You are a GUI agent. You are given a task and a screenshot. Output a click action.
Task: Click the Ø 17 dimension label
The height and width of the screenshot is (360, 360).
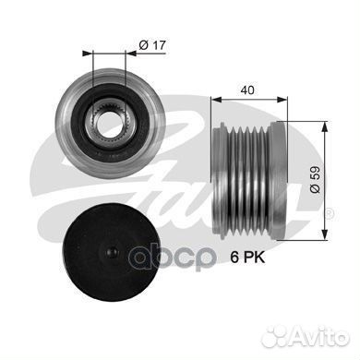(x=152, y=45)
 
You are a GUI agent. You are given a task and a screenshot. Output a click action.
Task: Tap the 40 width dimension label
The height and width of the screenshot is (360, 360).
(x=247, y=90)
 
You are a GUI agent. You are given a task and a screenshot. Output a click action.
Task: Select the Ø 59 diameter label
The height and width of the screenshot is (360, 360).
(x=315, y=180)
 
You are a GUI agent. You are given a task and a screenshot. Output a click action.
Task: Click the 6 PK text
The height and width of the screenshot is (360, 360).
(x=247, y=258)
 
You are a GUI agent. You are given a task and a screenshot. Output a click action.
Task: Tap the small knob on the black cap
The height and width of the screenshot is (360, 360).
(x=112, y=252)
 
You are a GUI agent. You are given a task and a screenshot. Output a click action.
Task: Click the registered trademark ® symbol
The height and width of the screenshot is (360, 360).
(x=329, y=213)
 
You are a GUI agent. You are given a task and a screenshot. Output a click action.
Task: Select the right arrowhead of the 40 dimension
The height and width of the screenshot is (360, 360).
(x=282, y=99)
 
